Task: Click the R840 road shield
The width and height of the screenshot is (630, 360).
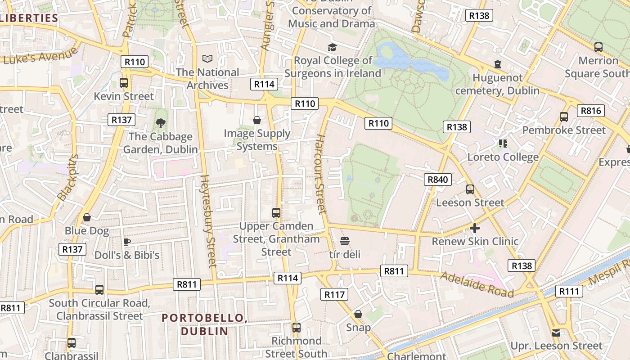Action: (x=438, y=180)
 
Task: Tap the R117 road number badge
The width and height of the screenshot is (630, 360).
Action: (x=334, y=294)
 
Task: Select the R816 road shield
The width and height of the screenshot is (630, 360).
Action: (x=591, y=111)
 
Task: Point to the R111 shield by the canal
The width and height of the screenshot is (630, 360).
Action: (x=569, y=291)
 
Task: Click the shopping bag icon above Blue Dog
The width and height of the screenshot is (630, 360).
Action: (x=87, y=217)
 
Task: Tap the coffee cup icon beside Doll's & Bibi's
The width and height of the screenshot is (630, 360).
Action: (x=127, y=242)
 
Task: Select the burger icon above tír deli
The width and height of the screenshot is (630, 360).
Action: (x=345, y=241)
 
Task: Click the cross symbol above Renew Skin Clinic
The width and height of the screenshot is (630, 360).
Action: (x=475, y=228)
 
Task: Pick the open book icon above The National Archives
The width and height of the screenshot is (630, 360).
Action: (x=207, y=58)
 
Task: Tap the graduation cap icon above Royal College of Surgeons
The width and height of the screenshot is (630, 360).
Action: (x=332, y=47)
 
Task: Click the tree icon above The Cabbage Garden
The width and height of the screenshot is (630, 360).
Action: (x=160, y=123)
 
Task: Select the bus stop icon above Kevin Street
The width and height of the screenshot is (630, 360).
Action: (x=124, y=83)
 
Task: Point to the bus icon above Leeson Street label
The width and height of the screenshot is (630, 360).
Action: (x=470, y=189)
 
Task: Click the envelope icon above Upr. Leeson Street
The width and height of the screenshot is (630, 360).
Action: (x=556, y=333)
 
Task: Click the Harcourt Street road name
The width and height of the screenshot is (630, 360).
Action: (x=320, y=173)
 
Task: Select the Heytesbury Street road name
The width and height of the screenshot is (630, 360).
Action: (x=208, y=220)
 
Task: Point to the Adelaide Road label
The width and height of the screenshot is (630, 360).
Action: (x=477, y=284)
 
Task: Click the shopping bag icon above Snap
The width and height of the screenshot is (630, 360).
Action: (x=358, y=314)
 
